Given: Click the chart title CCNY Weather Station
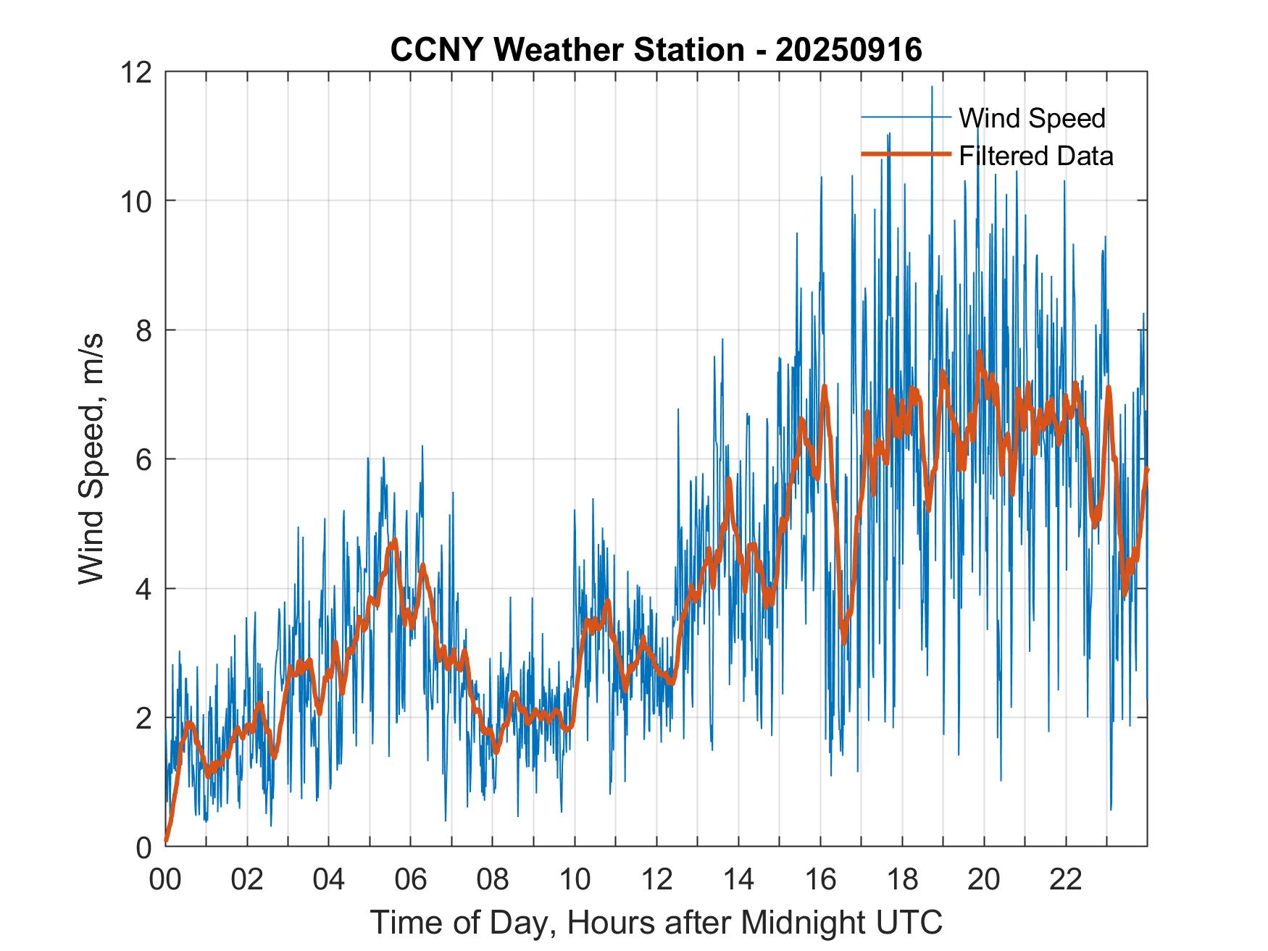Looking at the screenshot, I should click(567, 50).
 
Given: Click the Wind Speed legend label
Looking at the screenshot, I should click(1032, 118).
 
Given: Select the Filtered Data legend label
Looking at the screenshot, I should click(1035, 156).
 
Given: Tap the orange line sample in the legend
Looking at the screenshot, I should click(906, 154).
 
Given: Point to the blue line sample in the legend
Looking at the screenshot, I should click(906, 117).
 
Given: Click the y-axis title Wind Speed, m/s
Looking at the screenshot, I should click(92, 458).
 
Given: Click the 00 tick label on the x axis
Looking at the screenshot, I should click(166, 880).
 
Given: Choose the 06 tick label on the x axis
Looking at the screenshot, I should click(411, 880).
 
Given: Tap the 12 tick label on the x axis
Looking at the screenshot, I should click(656, 880).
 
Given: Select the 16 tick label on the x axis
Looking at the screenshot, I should click(820, 880).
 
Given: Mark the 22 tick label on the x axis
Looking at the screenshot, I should click(1066, 880).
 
